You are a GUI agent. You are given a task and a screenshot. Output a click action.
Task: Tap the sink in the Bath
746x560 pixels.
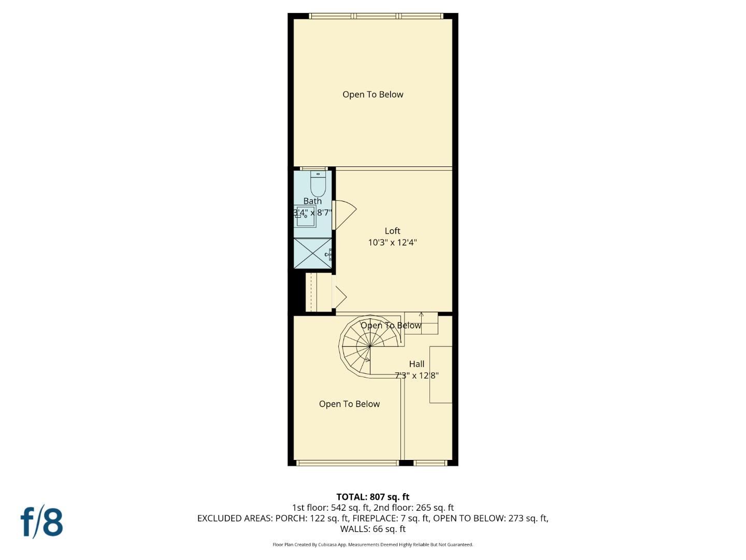[306, 217]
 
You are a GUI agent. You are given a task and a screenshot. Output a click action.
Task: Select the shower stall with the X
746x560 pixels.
[312, 254]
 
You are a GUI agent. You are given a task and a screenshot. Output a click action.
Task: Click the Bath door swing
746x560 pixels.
[344, 214]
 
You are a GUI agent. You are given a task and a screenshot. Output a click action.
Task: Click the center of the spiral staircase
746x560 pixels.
[370, 345]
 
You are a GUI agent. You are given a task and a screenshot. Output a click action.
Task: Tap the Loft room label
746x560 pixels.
[392, 231]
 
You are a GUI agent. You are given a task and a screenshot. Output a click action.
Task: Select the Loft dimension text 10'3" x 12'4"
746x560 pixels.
[392, 242]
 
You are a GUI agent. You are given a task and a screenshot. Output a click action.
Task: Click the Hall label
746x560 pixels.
[417, 364]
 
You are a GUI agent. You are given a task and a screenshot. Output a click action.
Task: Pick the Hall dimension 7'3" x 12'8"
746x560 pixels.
[417, 375]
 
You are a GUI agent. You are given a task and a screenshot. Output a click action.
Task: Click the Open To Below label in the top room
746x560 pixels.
[372, 94]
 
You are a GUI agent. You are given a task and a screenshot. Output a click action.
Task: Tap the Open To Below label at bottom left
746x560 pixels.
[349, 404]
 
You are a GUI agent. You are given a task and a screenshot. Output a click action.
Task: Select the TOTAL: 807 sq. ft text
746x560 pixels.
[372, 497]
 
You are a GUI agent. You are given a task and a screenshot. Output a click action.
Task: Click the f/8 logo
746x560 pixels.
[42, 522]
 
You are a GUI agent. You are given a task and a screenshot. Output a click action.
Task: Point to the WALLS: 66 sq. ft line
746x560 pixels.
[372, 529]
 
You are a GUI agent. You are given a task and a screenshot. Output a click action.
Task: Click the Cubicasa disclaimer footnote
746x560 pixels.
[372, 544]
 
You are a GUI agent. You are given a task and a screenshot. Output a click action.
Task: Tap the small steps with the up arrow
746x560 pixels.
[421, 323]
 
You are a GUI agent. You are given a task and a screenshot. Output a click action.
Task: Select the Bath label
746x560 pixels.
[312, 201]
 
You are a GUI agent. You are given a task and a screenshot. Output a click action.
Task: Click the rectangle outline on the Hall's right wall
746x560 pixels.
[441, 374]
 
